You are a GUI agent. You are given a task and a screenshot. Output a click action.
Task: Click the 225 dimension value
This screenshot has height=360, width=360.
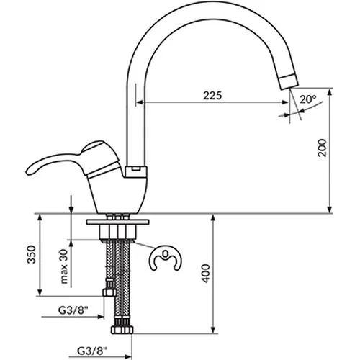point(212,95)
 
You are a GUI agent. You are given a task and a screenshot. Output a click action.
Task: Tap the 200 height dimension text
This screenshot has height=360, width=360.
point(323,148)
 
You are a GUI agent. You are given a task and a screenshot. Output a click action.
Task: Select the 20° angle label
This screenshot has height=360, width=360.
point(308,99)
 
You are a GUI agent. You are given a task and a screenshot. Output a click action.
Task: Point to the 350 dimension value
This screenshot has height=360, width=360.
point(32,254)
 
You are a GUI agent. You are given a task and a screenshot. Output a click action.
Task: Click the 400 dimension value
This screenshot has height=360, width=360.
point(206,274)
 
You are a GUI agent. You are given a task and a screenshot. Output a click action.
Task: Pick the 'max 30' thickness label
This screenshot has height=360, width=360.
point(64,266)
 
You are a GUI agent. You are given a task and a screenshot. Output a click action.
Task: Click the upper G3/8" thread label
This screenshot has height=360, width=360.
point(73,310)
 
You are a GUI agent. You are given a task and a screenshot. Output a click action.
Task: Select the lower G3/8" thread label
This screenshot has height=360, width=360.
point(92,351)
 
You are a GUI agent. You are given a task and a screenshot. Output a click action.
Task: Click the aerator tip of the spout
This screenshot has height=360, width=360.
point(289,81)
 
